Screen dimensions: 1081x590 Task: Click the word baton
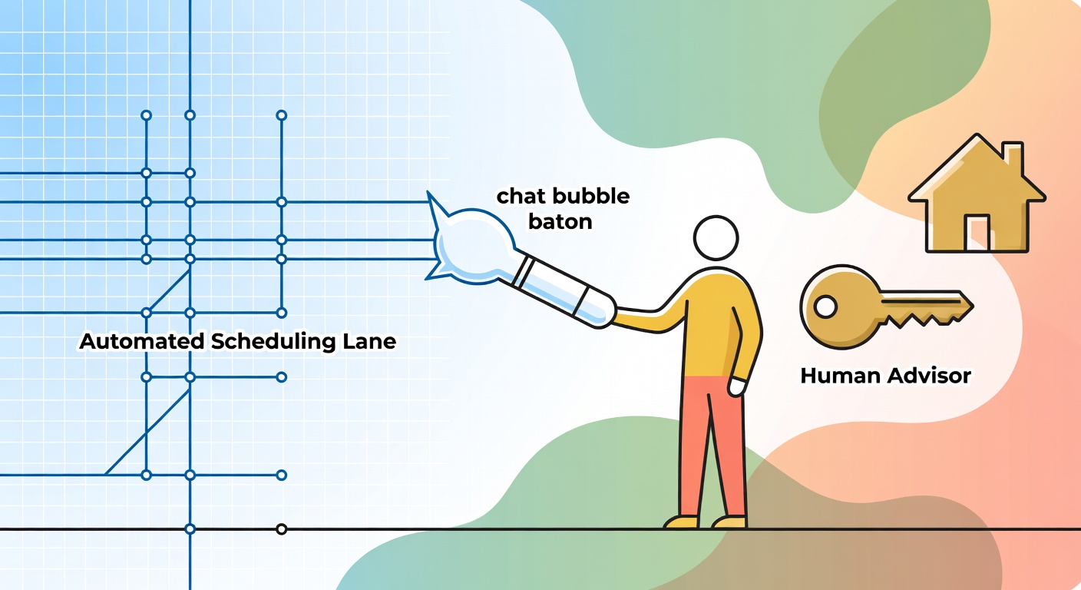pyautogui.click(x=560, y=221)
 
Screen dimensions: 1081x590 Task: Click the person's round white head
pyautogui.click(x=716, y=238)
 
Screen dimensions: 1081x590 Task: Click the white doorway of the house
pyautogui.click(x=977, y=232)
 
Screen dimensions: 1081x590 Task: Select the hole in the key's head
pyautogui.click(x=825, y=307)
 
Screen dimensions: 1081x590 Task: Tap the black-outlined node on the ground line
pyautogui.click(x=281, y=529)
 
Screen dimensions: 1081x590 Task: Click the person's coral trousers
pyautogui.click(x=713, y=446)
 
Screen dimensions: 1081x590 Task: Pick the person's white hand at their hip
pyautogui.click(x=737, y=386)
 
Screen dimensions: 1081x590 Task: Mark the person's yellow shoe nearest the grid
pyautogui.click(x=681, y=522)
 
